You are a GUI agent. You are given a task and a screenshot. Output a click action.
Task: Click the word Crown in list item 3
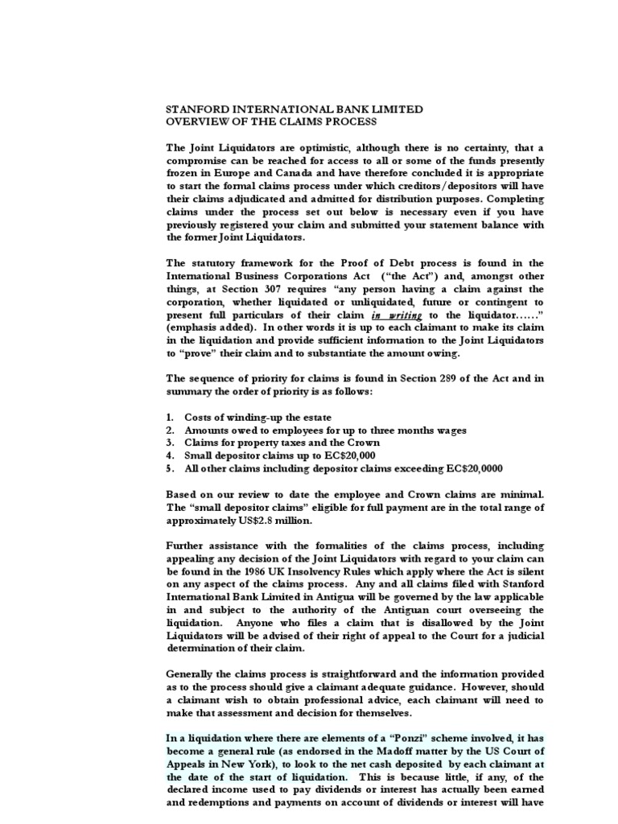click(364, 443)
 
